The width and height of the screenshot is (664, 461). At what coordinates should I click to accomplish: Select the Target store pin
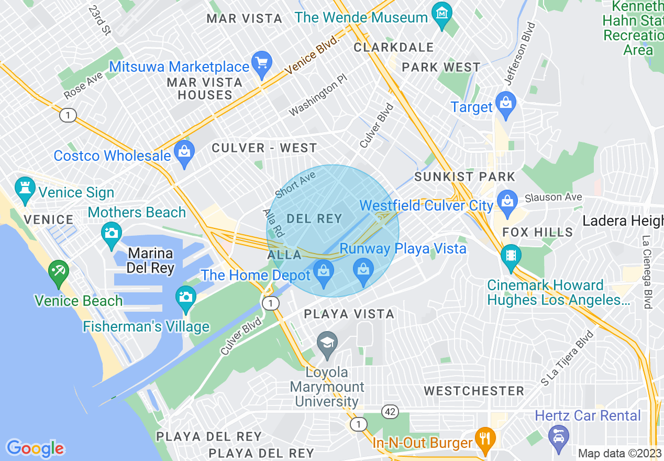(x=506, y=104)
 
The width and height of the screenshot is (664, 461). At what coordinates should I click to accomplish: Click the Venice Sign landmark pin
(x=25, y=189)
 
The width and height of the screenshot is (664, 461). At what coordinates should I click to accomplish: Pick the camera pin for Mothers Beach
(x=112, y=234)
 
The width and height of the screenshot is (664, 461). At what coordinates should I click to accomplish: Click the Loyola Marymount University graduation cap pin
(x=328, y=344)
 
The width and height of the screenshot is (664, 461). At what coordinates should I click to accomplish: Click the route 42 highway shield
(x=389, y=412)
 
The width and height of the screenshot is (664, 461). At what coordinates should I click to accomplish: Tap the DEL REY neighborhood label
(x=314, y=218)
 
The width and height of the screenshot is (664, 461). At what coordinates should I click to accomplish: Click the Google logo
(x=36, y=448)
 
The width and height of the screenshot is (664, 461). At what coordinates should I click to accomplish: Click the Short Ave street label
(x=296, y=185)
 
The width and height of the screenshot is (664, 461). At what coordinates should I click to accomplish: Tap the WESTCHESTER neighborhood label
(x=474, y=391)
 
